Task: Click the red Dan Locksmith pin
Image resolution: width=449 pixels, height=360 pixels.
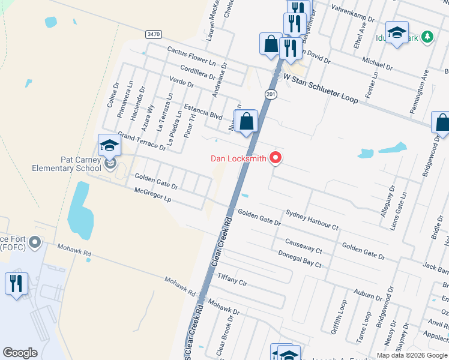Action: [x=276, y=158]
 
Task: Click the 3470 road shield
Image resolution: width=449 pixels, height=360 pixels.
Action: [x=154, y=35]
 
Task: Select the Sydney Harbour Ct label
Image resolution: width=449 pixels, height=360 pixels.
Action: [x=312, y=220]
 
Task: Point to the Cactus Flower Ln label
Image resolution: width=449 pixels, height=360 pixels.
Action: [x=191, y=56]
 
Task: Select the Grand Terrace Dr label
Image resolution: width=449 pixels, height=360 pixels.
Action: [x=142, y=141]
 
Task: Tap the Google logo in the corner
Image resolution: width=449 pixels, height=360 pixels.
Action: [x=20, y=353]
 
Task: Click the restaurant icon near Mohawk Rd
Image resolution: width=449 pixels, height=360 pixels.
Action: [x=16, y=283]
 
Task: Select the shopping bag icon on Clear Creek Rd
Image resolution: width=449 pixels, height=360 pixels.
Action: [x=246, y=121]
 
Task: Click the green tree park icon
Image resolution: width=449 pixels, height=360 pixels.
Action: [x=427, y=37]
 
